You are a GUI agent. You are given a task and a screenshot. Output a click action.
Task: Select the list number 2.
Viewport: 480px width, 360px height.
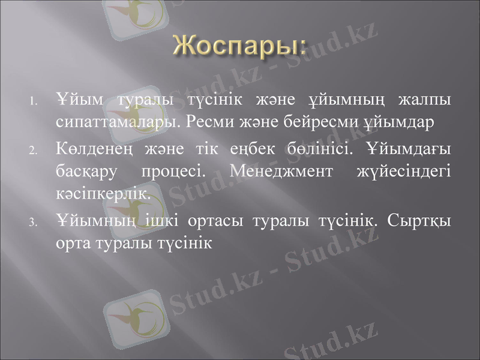34,149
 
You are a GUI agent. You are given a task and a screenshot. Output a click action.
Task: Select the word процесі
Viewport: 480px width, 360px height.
173,172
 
